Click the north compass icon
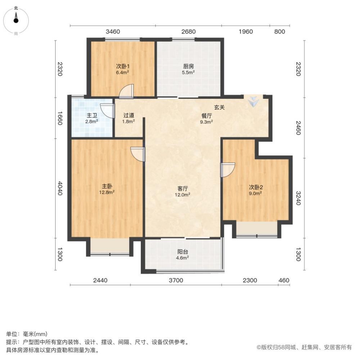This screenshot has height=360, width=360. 16,20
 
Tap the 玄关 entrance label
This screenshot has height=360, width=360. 220,107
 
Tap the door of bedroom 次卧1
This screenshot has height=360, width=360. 127,91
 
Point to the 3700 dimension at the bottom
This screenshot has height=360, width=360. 176,280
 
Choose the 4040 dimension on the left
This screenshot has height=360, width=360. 60,188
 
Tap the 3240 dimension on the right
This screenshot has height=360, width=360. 298,198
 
